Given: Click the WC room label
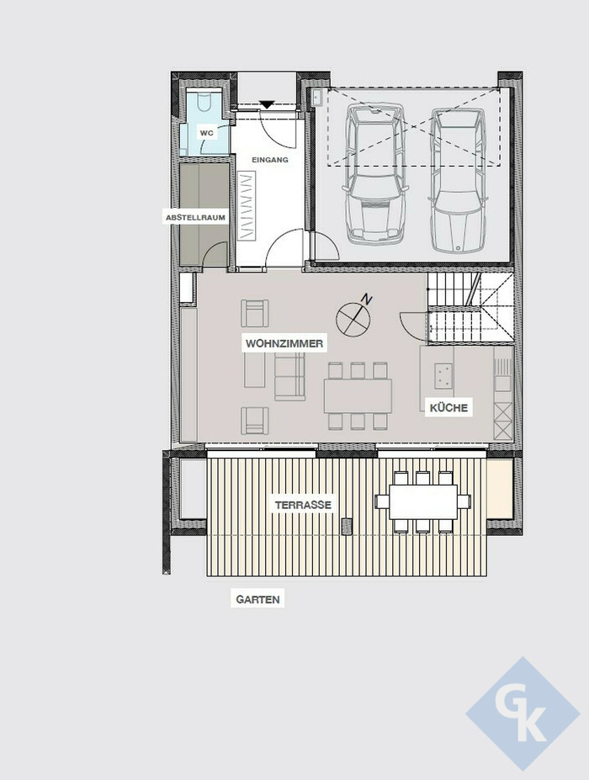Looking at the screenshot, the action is pos(206,133).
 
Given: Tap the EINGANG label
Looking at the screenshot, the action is pos(269,160).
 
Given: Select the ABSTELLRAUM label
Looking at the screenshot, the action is pos(195,217).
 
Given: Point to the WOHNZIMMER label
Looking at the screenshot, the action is pos(284,343).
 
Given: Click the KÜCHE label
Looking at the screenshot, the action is pos(448,408).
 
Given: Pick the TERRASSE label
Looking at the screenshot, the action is pos(303,505).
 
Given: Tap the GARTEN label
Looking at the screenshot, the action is pos(257,599).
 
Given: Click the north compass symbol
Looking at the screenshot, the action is pos(353,317).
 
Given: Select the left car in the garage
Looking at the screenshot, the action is pos(375,174).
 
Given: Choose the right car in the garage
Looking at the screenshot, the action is pos(458,180).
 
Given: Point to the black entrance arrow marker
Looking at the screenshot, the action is pos(268,104).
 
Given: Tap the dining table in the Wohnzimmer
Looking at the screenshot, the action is pos(358,396).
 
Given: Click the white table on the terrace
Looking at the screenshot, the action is pos(423,501).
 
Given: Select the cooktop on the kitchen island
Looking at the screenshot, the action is pos(443,375).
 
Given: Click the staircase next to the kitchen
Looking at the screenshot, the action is pos(470,309).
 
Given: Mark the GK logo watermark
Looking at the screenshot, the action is pos(523,714).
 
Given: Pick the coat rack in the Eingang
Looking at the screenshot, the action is pos(247,206).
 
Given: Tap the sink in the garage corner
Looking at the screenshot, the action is pos(317,97).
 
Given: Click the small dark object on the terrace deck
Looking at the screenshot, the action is pos(348,526).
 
